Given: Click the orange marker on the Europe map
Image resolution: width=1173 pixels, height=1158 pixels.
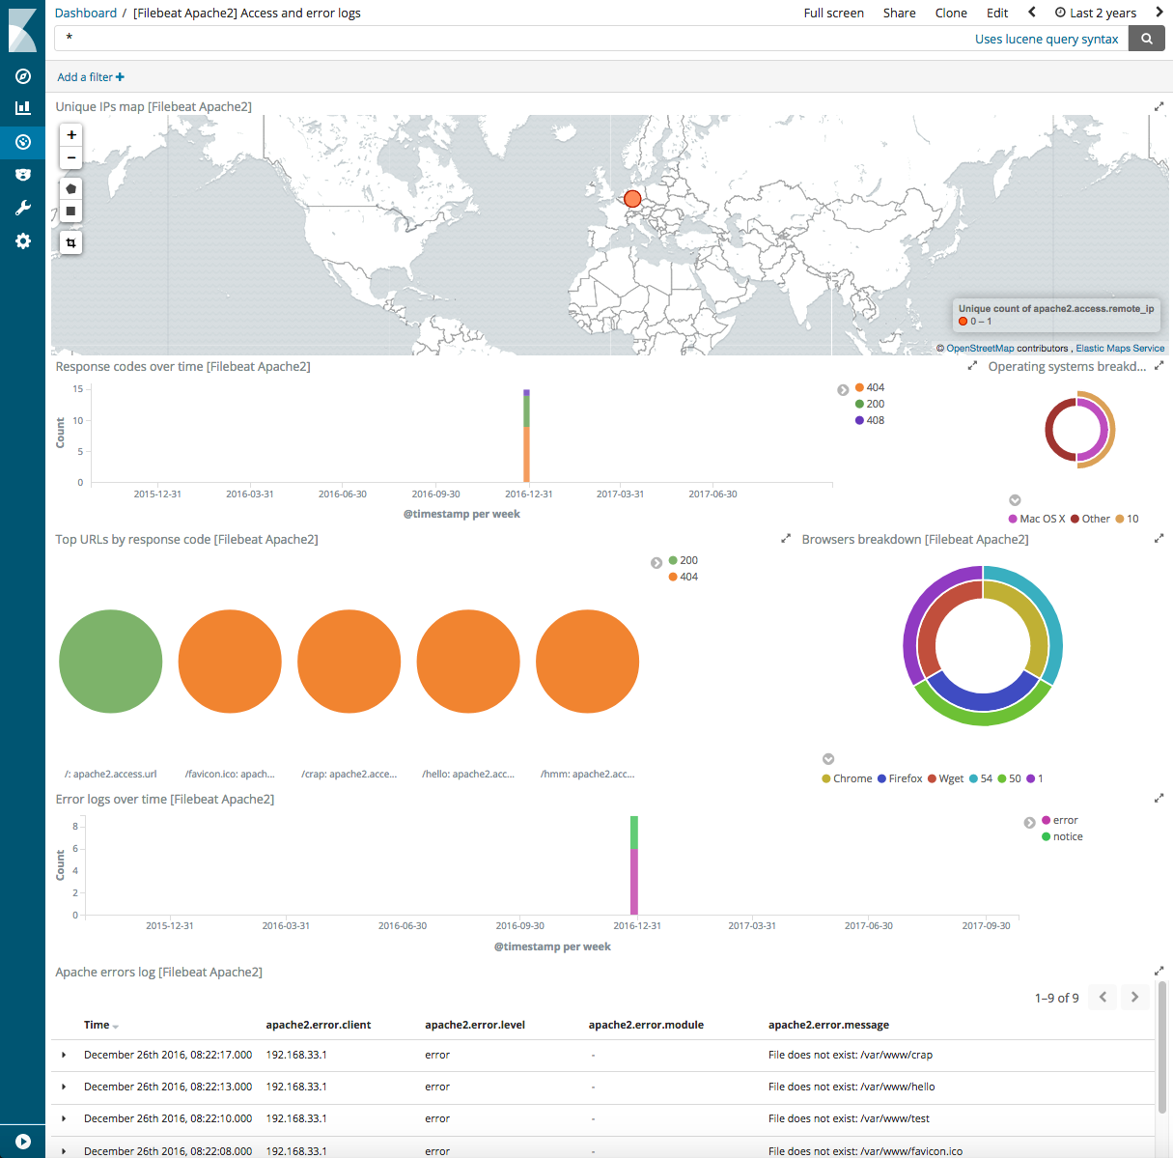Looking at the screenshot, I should pos(632,199).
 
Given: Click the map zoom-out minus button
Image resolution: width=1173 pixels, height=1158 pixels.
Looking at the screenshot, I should pos(71,157).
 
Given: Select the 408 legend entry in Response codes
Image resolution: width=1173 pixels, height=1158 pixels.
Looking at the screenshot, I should pos(875,420).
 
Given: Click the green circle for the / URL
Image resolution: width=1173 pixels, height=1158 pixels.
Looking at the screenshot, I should pos(111,662).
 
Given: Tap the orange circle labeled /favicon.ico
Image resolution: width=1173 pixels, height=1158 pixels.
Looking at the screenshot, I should pos(230,662).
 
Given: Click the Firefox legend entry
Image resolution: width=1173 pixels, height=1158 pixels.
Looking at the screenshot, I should pos(905,778).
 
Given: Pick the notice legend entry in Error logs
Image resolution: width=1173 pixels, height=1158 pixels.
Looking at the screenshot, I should pos(1067,836).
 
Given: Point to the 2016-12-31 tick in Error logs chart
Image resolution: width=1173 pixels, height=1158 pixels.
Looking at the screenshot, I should pos(637,925).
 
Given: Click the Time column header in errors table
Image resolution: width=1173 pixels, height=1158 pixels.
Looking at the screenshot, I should pos(97,1025).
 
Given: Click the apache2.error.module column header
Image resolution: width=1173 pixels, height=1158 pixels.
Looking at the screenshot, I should pos(646,1025).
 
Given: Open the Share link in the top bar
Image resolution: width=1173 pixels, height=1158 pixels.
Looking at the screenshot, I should pos(899,13).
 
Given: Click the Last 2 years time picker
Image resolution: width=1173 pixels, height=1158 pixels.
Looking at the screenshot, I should pos(1096,13).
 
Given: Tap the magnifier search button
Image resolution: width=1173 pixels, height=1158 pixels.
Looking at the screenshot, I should pos(1146,39).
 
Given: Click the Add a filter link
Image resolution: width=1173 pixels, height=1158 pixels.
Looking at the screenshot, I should pos(90,77).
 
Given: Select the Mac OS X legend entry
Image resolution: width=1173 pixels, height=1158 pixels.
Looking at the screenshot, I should pos(1042,519).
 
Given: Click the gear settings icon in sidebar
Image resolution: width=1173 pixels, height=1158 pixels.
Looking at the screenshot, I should pos(23,241).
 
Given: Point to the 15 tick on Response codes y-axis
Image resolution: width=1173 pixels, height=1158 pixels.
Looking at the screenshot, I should pos(78,389).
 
